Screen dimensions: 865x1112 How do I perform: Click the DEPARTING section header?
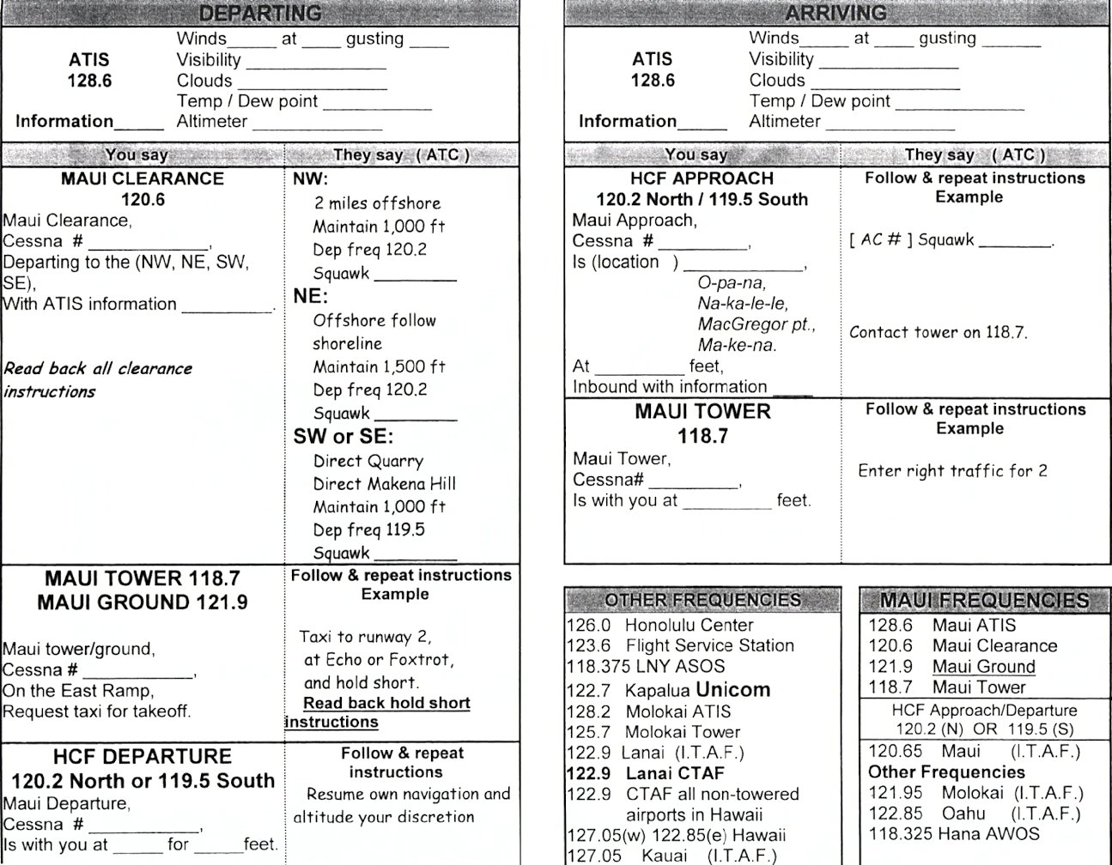259,13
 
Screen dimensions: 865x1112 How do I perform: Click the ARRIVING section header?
823,13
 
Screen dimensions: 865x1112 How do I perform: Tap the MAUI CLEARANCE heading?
143,179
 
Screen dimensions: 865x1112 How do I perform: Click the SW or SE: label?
343,436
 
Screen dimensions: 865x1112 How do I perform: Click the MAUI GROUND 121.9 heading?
143,602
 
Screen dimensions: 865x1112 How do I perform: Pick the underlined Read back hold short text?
386,704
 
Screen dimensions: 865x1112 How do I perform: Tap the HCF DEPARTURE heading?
143,757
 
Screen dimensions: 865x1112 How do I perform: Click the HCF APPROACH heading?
702,178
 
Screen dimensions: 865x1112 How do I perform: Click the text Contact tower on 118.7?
938,333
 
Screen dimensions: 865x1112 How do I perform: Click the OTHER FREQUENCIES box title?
702,600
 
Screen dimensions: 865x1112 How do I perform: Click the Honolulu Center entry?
659,626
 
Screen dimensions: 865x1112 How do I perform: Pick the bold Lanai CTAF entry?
646,773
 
